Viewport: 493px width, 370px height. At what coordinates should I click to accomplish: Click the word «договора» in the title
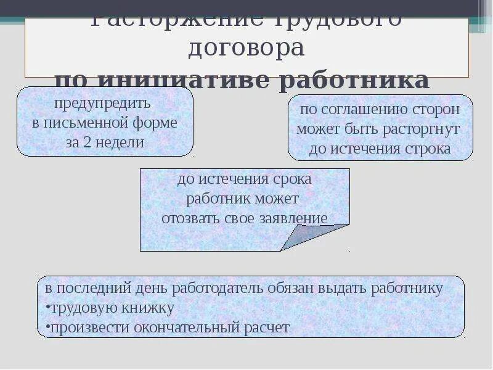246,47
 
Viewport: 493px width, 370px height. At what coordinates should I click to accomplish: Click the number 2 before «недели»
87,142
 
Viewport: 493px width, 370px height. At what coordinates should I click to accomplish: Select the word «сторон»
438,110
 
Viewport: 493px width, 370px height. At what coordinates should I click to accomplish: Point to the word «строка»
428,149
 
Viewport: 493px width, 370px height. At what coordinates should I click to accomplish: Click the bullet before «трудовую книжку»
47,308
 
